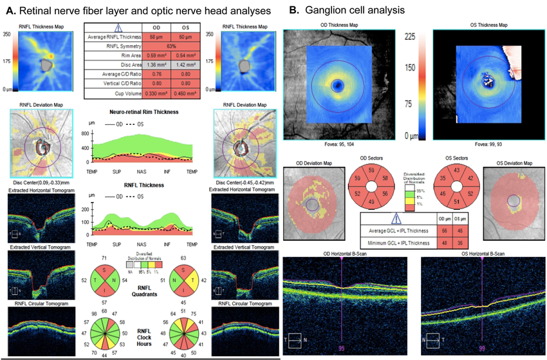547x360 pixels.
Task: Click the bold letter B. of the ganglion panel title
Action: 294,10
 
